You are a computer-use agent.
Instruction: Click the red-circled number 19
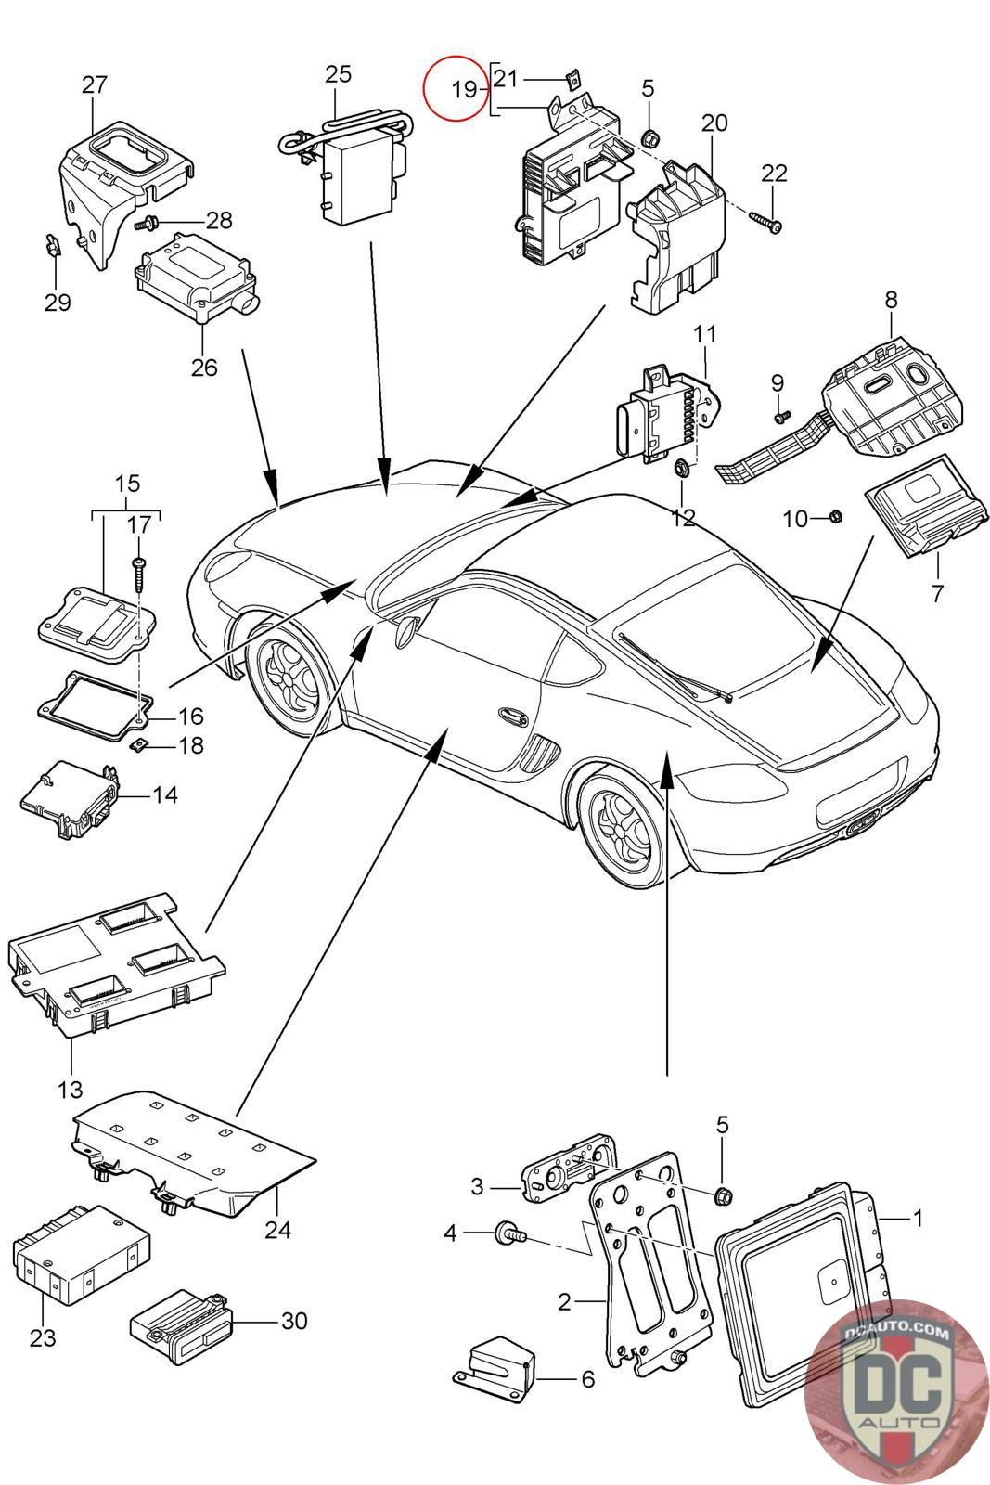coord(463,90)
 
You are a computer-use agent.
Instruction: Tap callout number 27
coord(94,84)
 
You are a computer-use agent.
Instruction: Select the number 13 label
coord(70,1088)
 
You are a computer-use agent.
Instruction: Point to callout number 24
coord(277,1230)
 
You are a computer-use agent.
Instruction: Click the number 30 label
coord(293,1320)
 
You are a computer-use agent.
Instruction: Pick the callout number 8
coord(891,300)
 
